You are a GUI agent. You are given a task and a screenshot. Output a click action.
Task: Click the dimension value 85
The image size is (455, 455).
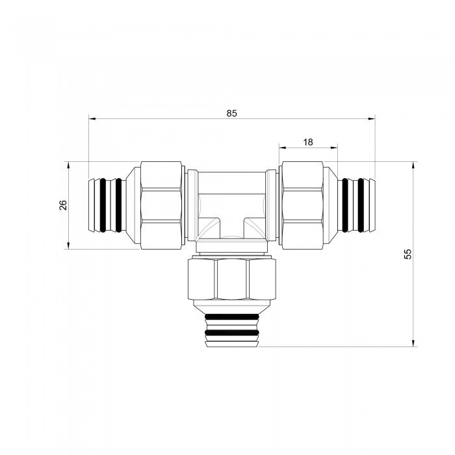tap(231, 113)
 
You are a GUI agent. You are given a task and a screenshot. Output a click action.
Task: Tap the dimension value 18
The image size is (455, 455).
tap(308, 142)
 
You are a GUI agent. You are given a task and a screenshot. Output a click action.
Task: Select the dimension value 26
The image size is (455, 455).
tap(63, 205)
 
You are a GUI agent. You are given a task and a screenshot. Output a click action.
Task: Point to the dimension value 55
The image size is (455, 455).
tap(408, 254)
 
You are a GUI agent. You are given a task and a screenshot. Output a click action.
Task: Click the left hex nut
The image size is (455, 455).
tap(161, 205)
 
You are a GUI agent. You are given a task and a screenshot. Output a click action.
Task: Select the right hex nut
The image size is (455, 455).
tap(302, 205)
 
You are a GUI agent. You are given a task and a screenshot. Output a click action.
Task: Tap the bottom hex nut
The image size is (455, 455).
tap(231, 279)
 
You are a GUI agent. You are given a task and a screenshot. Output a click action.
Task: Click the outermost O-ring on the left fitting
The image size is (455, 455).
tap(103, 205)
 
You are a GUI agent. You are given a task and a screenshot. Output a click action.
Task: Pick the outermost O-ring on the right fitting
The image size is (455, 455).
tap(360, 205)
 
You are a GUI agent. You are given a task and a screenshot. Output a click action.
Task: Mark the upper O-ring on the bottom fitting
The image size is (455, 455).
tap(231, 317)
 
